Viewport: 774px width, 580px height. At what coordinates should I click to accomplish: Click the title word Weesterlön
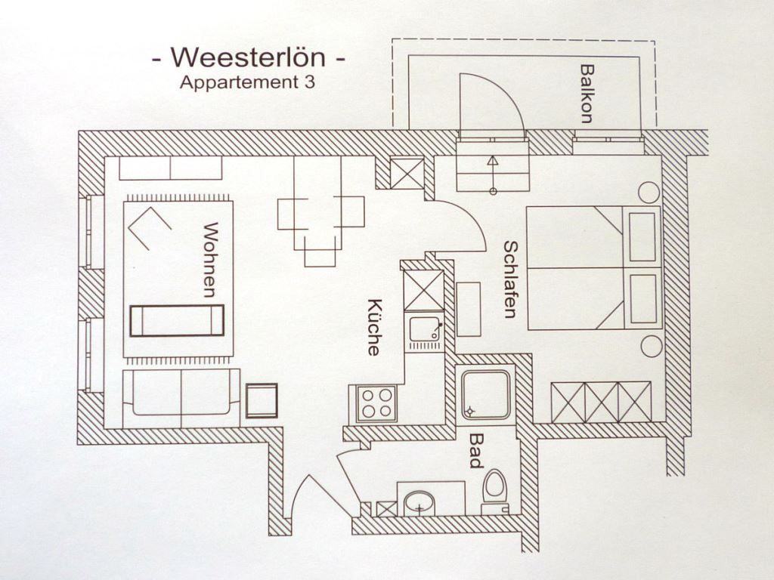click(x=249, y=57)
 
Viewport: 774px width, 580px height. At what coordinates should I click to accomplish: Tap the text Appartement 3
click(x=246, y=83)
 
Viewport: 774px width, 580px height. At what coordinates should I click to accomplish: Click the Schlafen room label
click(x=510, y=279)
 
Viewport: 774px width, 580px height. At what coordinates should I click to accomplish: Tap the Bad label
click(x=476, y=450)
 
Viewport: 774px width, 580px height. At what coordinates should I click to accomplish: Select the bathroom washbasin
click(x=420, y=501)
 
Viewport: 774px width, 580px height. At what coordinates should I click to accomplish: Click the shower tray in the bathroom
click(x=487, y=394)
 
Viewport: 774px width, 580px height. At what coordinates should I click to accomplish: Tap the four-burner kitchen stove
click(x=376, y=403)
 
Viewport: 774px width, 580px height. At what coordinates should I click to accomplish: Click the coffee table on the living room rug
click(x=178, y=320)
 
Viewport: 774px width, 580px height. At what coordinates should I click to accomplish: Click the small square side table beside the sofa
click(x=262, y=400)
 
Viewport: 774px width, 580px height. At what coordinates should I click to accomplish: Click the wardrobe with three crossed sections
click(x=601, y=402)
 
